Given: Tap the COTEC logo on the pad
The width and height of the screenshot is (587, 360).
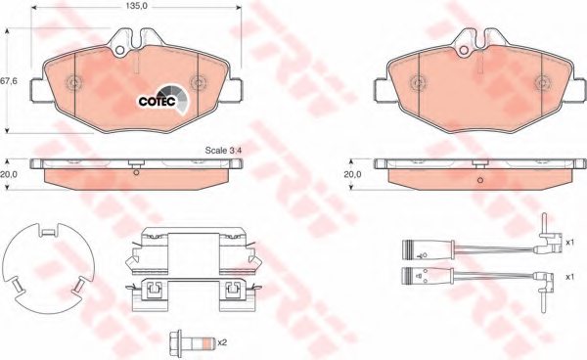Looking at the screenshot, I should click(157, 97).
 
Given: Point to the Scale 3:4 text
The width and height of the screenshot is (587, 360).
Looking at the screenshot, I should click(222, 151).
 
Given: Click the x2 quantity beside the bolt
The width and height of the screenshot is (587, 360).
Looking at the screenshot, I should click(223, 341).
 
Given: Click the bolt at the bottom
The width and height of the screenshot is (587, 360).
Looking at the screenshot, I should click(185, 342).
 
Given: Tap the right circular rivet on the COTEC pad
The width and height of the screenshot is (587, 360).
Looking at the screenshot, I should click(197, 82).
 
